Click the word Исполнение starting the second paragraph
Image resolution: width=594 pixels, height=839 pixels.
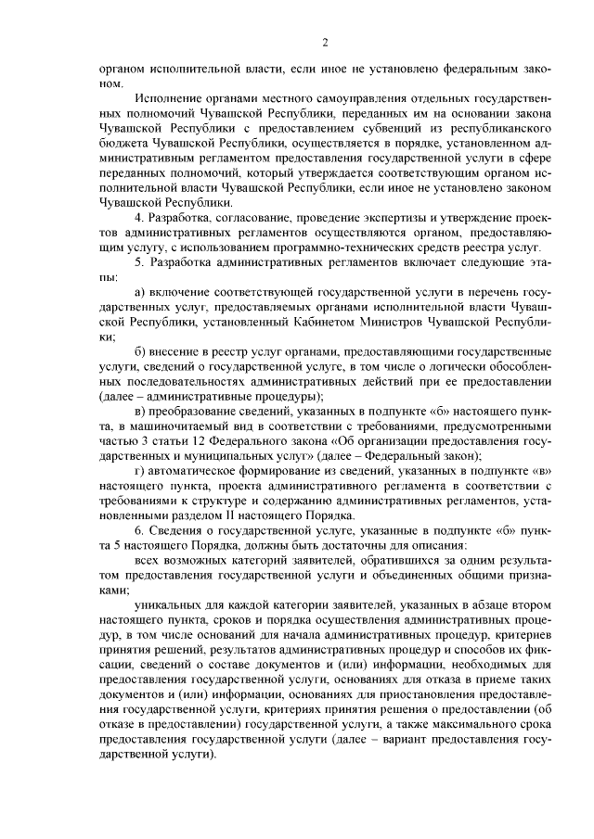[171, 97]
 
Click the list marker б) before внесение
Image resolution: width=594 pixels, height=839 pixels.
[140, 352]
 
